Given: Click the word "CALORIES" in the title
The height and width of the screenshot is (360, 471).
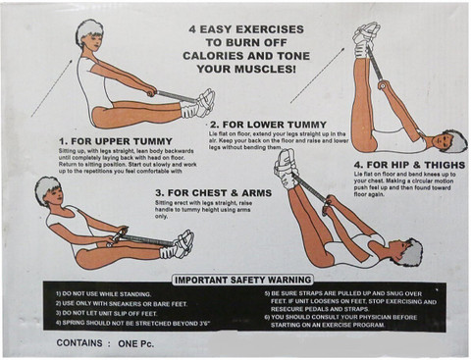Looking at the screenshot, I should click(229, 56).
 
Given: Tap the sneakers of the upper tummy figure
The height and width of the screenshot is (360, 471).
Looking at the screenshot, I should click(202, 102).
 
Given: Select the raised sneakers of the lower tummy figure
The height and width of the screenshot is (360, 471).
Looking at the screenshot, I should click(366, 36).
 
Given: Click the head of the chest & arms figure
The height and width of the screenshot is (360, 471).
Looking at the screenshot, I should click(46, 190).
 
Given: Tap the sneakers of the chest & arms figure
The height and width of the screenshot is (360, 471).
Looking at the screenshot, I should click(183, 243).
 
